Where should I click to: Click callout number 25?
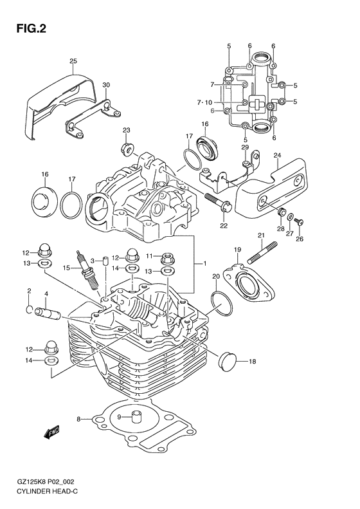click(x=73, y=61)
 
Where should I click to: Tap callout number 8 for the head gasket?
click(x=78, y=419)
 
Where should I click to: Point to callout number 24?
click(x=277, y=155)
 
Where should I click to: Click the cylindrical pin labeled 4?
click(x=51, y=315)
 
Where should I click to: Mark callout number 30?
click(x=106, y=84)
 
